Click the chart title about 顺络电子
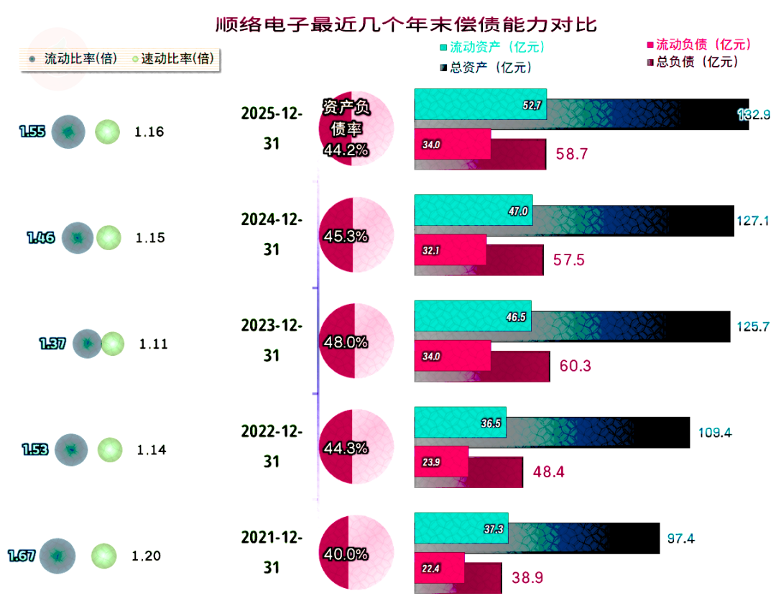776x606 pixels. click(407, 24)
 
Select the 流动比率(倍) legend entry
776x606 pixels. click(73, 59)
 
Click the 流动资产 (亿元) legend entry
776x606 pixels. click(491, 48)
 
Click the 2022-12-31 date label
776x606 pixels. click(272, 446)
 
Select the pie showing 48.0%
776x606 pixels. click(356, 341)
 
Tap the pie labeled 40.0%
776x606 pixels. click(356, 554)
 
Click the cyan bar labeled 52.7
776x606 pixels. click(480, 104)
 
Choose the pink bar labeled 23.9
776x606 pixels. click(441, 462)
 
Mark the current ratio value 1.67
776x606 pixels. click(22, 555)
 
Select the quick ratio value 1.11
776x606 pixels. click(153, 344)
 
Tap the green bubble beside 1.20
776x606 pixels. click(103, 556)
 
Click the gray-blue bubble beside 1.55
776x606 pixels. click(68, 132)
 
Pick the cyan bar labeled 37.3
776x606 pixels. click(461, 528)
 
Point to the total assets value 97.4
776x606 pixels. click(679, 538)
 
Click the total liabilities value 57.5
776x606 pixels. click(569, 260)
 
